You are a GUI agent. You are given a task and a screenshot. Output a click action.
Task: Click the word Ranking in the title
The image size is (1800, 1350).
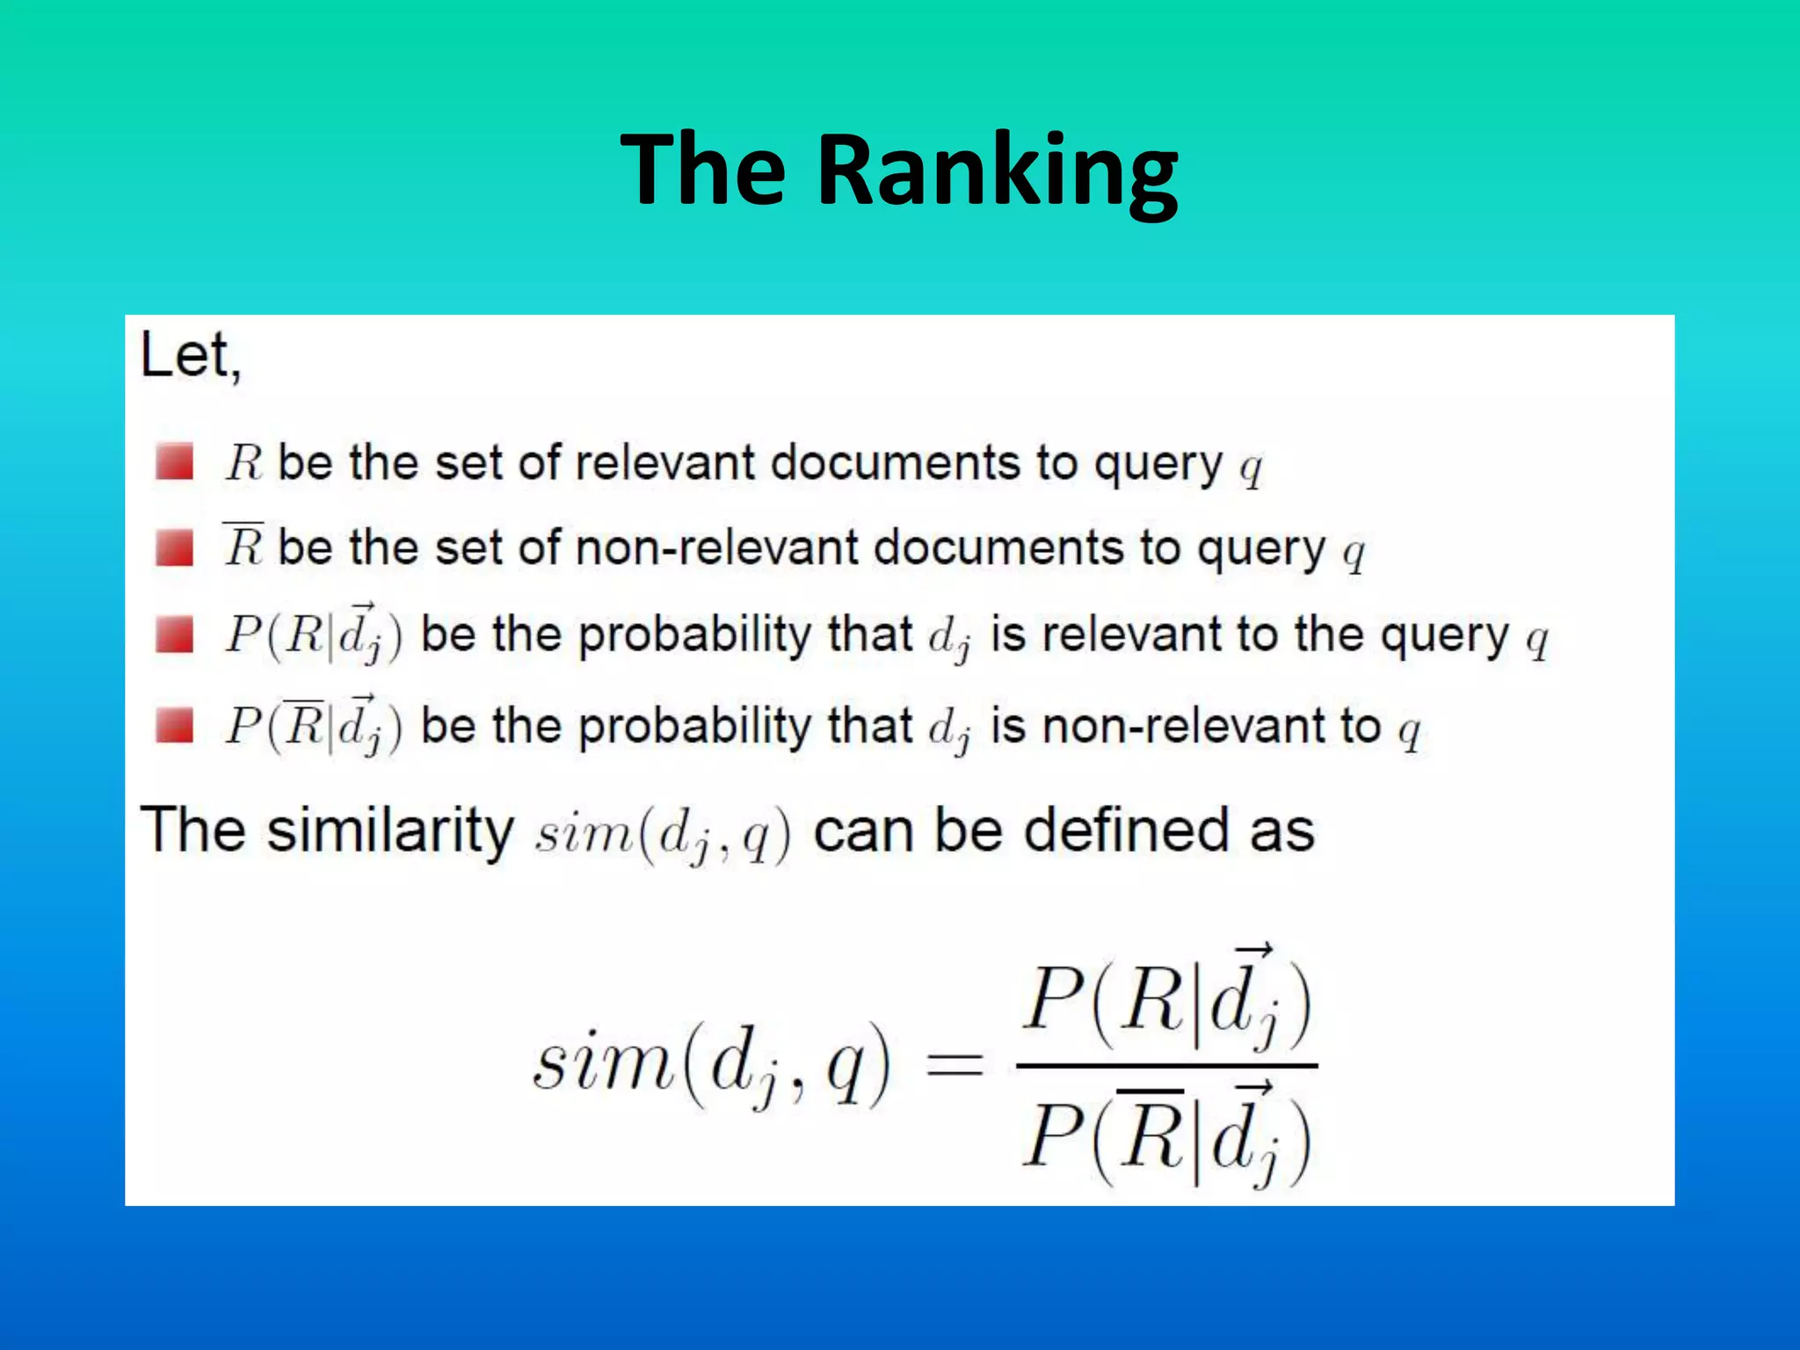coord(998,171)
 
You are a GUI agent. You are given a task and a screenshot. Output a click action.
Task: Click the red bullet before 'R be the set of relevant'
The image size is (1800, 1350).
coord(174,462)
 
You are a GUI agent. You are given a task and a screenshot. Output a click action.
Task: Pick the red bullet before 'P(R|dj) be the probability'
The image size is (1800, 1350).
coord(174,634)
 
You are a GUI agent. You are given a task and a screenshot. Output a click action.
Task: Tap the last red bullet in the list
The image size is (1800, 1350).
coord(174,726)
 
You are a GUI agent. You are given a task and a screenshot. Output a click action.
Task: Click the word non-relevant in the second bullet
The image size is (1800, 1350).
coord(715,548)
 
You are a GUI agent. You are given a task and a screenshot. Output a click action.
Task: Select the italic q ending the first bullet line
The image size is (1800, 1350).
coord(1251,468)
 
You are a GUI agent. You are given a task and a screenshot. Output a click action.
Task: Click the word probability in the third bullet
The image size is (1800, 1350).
coord(694,635)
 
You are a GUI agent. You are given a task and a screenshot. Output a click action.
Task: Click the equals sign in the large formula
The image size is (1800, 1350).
coord(955,1066)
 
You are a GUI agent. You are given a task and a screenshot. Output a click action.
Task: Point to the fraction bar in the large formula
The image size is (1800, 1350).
coord(1166,1066)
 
